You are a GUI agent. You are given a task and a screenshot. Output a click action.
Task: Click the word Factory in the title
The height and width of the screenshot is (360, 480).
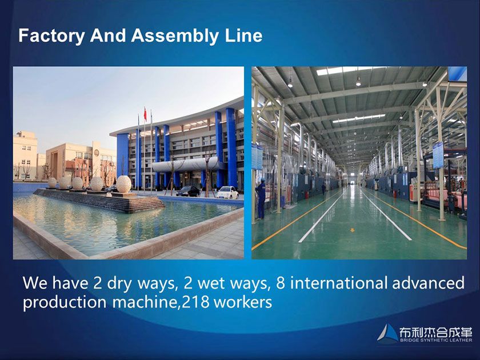51,36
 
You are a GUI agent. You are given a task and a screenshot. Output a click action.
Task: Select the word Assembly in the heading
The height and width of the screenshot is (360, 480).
175,36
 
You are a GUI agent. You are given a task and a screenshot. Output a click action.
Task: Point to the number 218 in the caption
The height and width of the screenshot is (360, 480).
195,302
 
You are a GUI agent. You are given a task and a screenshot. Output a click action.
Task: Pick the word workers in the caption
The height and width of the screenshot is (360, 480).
243,302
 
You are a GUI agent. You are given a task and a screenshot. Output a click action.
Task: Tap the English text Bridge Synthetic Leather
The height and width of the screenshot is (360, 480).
436,340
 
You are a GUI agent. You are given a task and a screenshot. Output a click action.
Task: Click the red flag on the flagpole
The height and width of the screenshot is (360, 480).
145,114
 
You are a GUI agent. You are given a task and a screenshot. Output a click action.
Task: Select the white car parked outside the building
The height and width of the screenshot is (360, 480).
227,193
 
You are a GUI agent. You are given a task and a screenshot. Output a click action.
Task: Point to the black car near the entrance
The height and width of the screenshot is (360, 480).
188,191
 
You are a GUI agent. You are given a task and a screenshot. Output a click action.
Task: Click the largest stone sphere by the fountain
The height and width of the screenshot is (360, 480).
123,184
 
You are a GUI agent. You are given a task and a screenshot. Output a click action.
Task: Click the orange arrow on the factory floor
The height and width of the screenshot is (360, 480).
353,230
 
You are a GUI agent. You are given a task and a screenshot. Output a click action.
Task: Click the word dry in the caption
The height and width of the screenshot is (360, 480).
119,283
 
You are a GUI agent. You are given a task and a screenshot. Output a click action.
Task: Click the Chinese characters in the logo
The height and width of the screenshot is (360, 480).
436,331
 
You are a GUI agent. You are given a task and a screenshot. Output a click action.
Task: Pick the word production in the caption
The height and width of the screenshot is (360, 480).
65,303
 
